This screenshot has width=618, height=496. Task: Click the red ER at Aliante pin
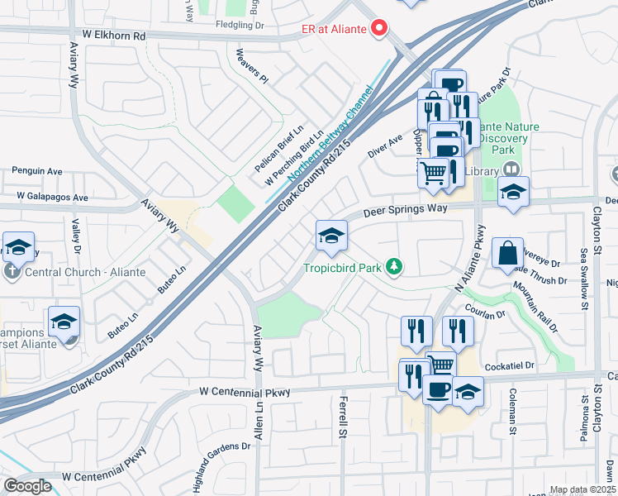pos(379,29)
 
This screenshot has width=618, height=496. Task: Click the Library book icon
pos(511,170)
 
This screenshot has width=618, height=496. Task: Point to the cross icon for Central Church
pos(12,271)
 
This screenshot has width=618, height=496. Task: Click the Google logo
pos(27,486)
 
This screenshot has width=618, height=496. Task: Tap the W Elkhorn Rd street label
pos(114,36)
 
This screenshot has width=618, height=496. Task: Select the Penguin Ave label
pos(36,171)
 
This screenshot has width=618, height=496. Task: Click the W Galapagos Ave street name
pos(46,198)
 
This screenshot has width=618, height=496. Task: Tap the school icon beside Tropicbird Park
pos(330,236)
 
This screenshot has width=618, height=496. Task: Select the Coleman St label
pos(512,412)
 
